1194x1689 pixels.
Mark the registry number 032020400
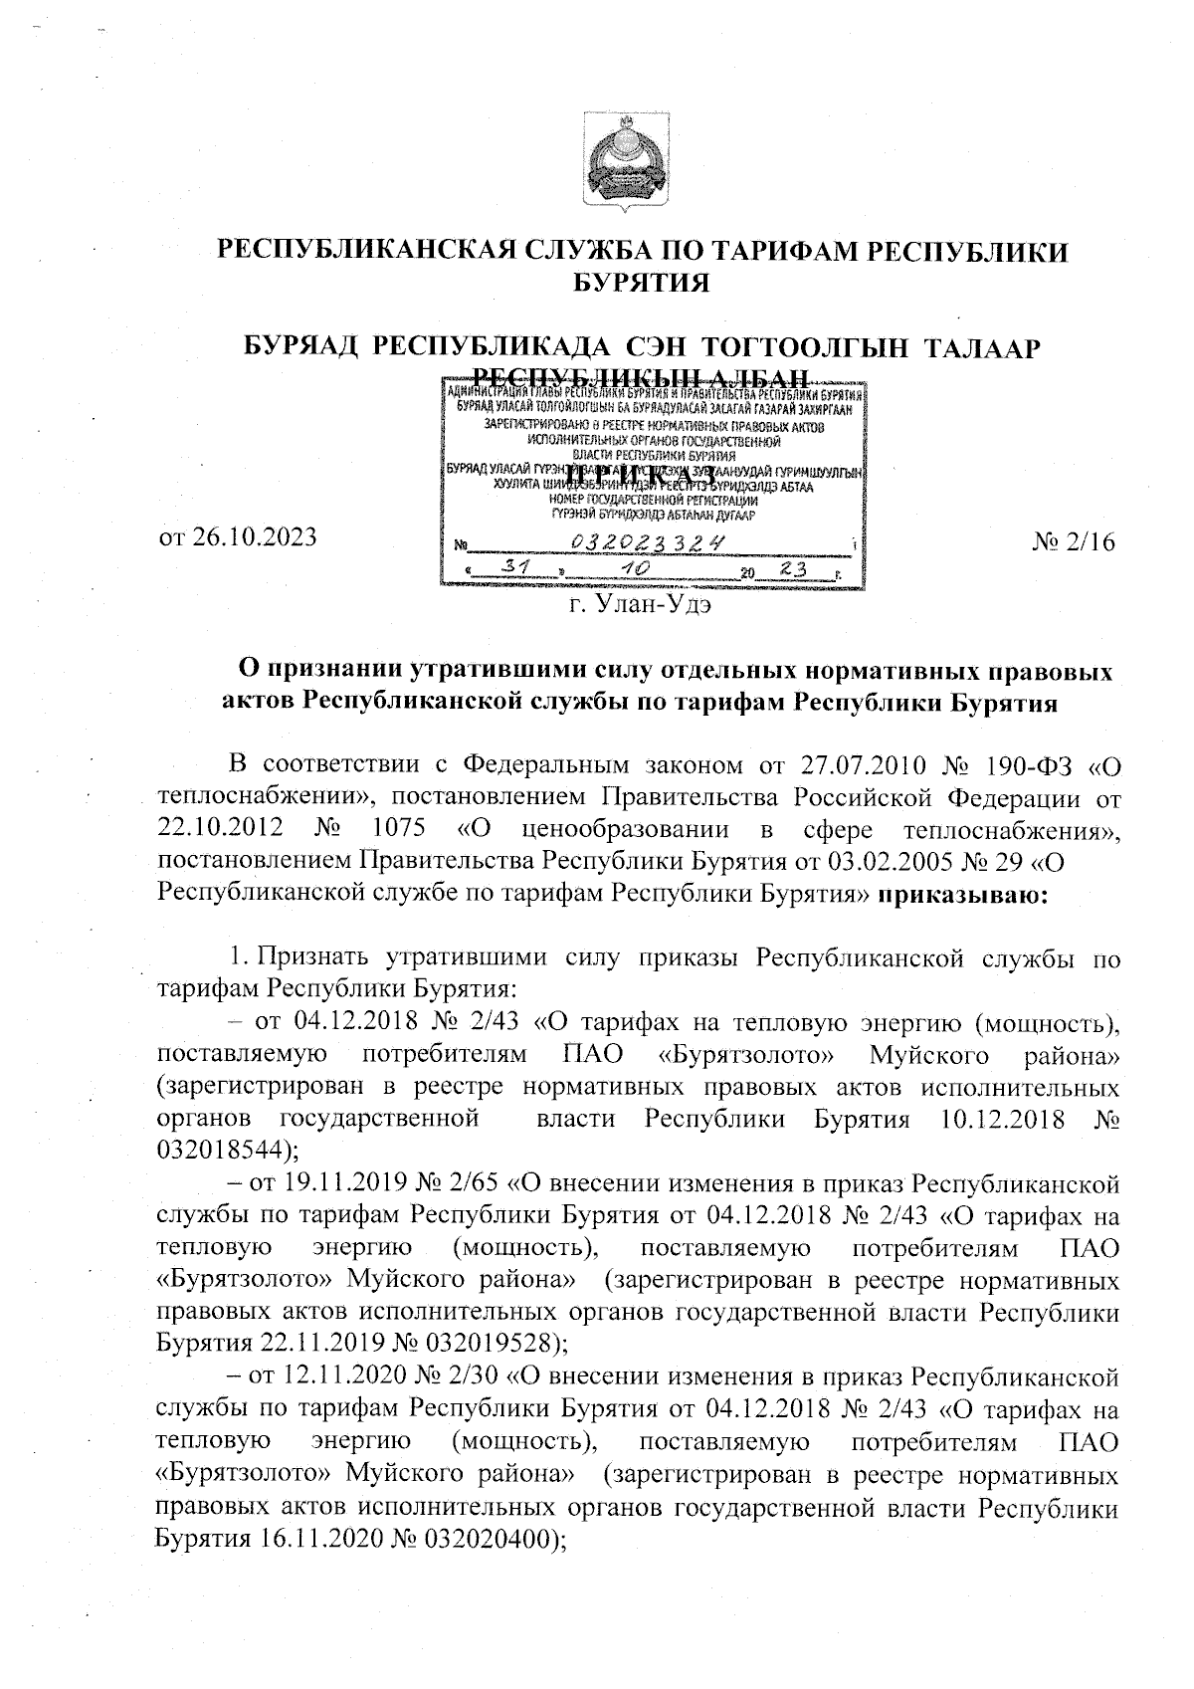[x=488, y=1537]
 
